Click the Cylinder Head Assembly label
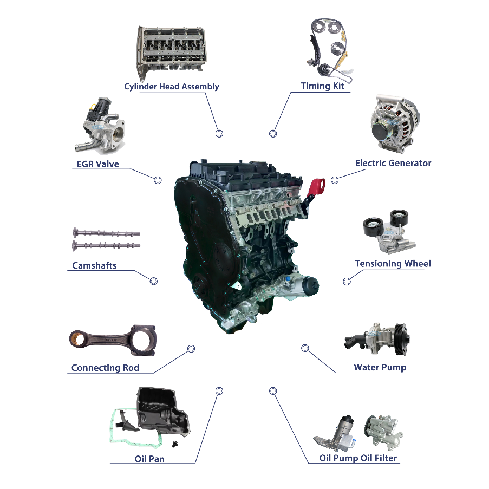[172, 87]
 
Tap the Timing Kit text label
[322, 86]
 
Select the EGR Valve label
[97, 164]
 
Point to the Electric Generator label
[393, 163]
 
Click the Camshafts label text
[94, 265]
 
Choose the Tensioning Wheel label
[393, 264]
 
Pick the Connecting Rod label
[105, 368]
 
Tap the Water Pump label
[380, 367]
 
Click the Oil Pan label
[149, 459]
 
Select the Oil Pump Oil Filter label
[358, 458]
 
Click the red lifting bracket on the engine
[317, 188]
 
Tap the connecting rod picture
[113, 340]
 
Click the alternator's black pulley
[382, 132]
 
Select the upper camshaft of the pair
[106, 233]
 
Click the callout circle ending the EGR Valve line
[158, 180]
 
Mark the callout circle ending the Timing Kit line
[273, 134]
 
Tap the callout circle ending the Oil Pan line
[219, 391]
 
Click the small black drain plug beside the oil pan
[175, 444]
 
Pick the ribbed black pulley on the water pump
[401, 340]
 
